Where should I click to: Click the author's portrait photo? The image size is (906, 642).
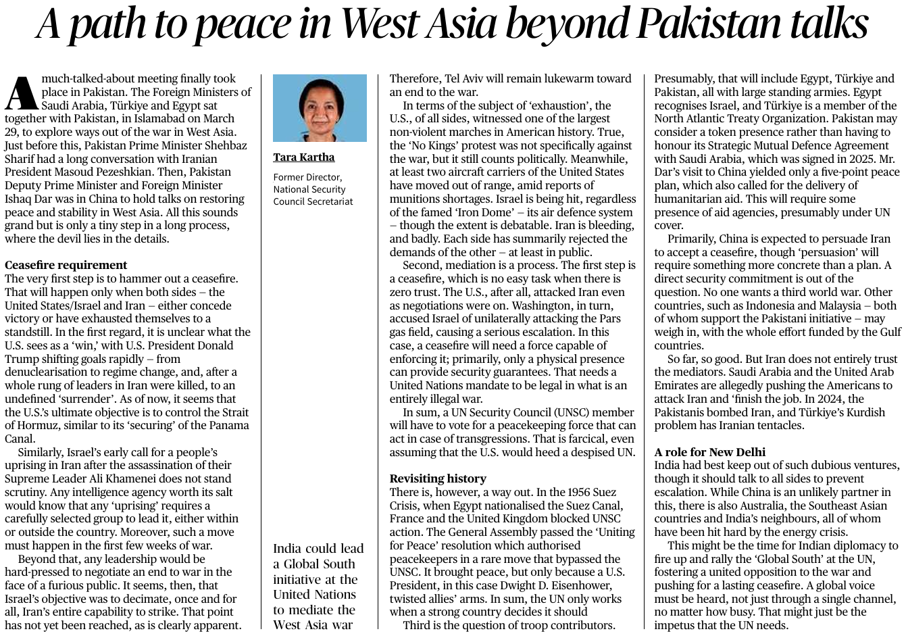point(320,108)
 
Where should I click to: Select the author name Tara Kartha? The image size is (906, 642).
point(303,157)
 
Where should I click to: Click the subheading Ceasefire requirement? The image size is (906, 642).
point(66,265)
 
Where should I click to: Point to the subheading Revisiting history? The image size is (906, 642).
point(438,478)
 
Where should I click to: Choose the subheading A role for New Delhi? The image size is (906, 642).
point(709,452)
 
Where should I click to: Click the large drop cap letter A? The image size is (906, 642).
point(21,94)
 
